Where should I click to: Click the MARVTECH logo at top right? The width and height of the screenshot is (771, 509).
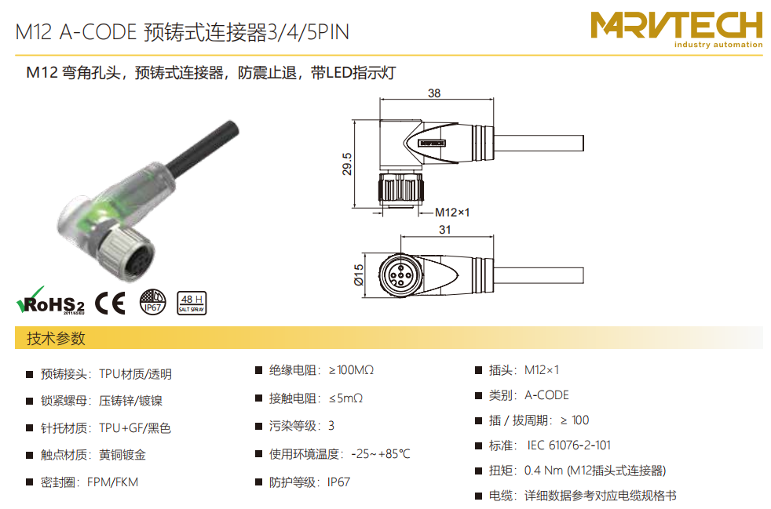coord(677,30)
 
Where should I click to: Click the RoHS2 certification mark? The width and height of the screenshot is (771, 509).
coord(50,300)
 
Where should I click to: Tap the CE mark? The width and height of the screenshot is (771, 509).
coord(110,303)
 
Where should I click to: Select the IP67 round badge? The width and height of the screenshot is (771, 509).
coord(152,302)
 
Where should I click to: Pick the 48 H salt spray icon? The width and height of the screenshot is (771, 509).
coord(192,304)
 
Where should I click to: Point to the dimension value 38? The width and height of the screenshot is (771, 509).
coord(434,93)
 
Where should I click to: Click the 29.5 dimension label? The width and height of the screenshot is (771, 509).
coord(347,164)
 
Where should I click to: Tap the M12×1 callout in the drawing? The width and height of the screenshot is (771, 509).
coord(452,213)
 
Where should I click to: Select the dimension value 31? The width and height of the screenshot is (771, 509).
coord(445,230)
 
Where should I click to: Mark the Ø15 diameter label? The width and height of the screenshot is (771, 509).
coord(359,275)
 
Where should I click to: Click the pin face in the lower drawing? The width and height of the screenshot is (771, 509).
coord(400,275)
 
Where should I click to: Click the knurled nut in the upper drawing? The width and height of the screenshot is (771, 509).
coord(400,189)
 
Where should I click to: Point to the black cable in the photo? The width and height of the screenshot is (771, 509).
coord(203,147)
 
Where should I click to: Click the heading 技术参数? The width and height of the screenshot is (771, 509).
coord(56,339)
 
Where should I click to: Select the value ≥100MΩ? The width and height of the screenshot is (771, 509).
coord(351,370)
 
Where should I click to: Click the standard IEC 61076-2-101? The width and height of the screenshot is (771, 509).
coord(569,445)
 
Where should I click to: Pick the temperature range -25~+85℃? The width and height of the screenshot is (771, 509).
coord(381,454)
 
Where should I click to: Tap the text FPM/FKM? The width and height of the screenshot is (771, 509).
coord(112,482)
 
